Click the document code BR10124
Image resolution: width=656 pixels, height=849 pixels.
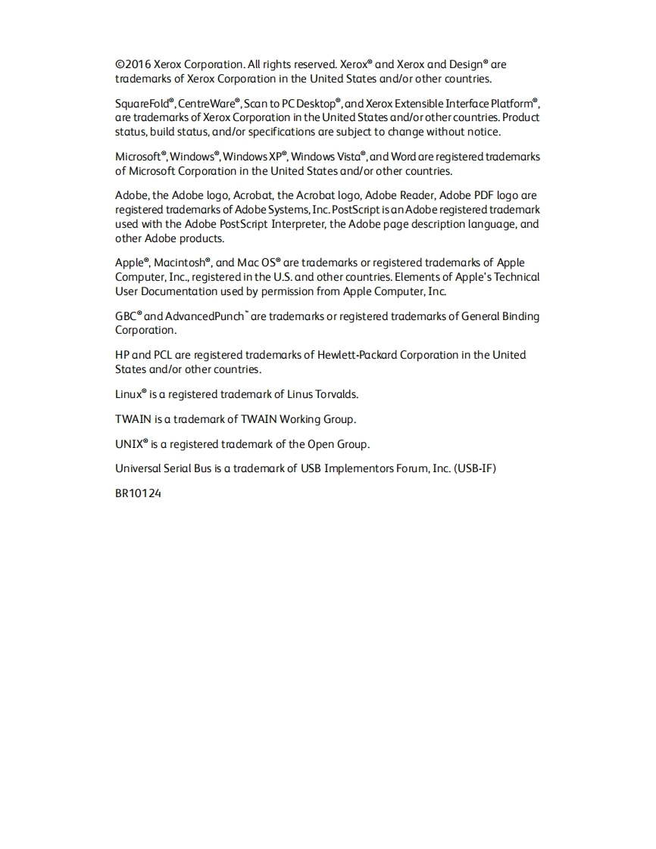[x=138, y=493]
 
